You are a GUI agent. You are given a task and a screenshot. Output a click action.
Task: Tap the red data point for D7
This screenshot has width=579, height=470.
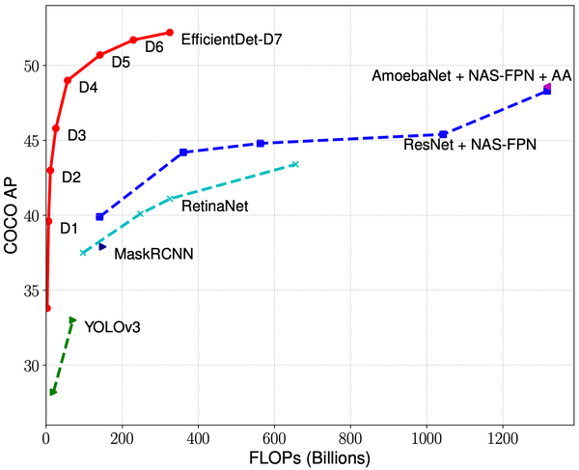(170, 32)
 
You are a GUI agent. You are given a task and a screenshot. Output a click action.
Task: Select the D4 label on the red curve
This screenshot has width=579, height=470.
(88, 87)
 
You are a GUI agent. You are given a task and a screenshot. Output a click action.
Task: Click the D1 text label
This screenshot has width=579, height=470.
(69, 229)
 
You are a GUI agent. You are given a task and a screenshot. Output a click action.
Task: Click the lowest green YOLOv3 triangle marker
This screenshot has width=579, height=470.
(53, 392)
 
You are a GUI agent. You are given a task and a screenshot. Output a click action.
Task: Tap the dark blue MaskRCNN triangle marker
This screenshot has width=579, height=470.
(102, 247)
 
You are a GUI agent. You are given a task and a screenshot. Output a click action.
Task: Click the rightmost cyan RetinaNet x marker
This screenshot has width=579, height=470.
(295, 164)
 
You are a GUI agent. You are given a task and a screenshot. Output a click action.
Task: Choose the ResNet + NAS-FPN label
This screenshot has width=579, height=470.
(470, 145)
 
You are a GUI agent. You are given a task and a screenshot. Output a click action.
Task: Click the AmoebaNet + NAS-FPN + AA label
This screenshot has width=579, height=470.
(472, 75)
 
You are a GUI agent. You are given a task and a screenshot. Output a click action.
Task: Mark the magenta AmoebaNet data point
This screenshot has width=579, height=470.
(548, 88)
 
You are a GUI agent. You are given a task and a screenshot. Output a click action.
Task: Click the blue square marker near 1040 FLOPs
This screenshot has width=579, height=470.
(443, 134)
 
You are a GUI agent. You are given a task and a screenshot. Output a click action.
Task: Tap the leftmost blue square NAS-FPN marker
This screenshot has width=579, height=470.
(99, 217)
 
